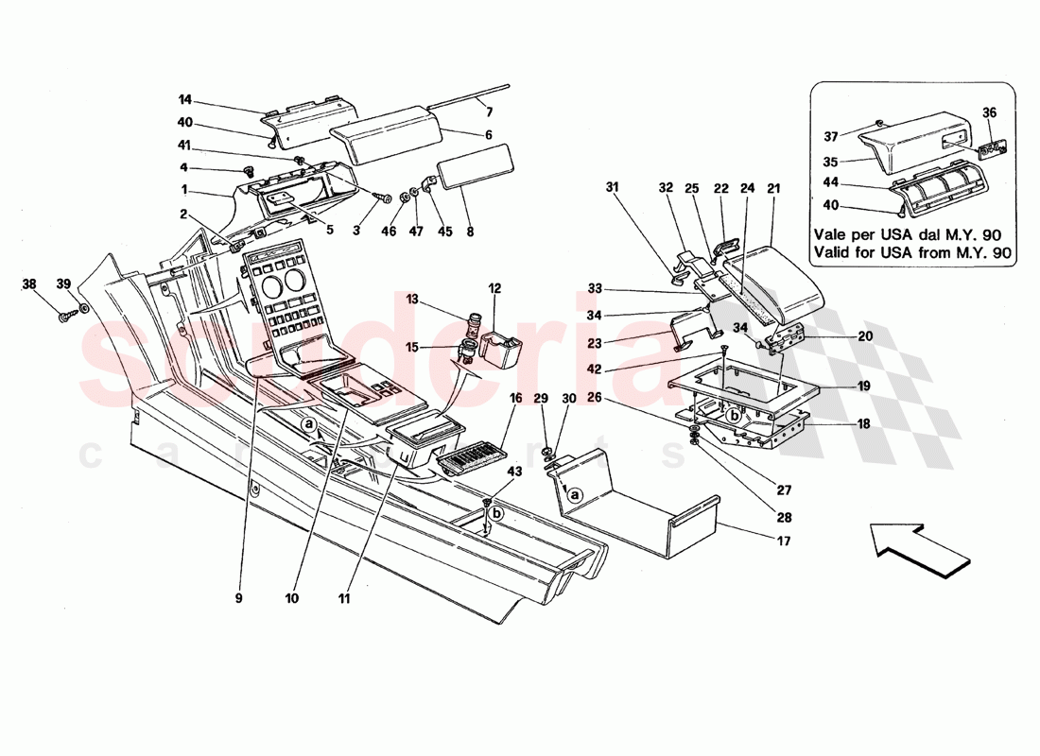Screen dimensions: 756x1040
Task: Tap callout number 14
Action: (x=184, y=98)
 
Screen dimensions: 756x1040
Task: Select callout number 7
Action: (x=490, y=112)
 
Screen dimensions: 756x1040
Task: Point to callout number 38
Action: (x=29, y=283)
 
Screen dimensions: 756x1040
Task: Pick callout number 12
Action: (x=494, y=287)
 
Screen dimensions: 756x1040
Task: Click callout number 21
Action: (x=773, y=188)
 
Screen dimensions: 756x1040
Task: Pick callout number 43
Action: (x=514, y=471)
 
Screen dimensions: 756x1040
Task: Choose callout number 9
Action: (x=239, y=597)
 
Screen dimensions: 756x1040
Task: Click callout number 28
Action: (x=785, y=517)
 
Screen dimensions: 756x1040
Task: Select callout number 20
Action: (x=865, y=336)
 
